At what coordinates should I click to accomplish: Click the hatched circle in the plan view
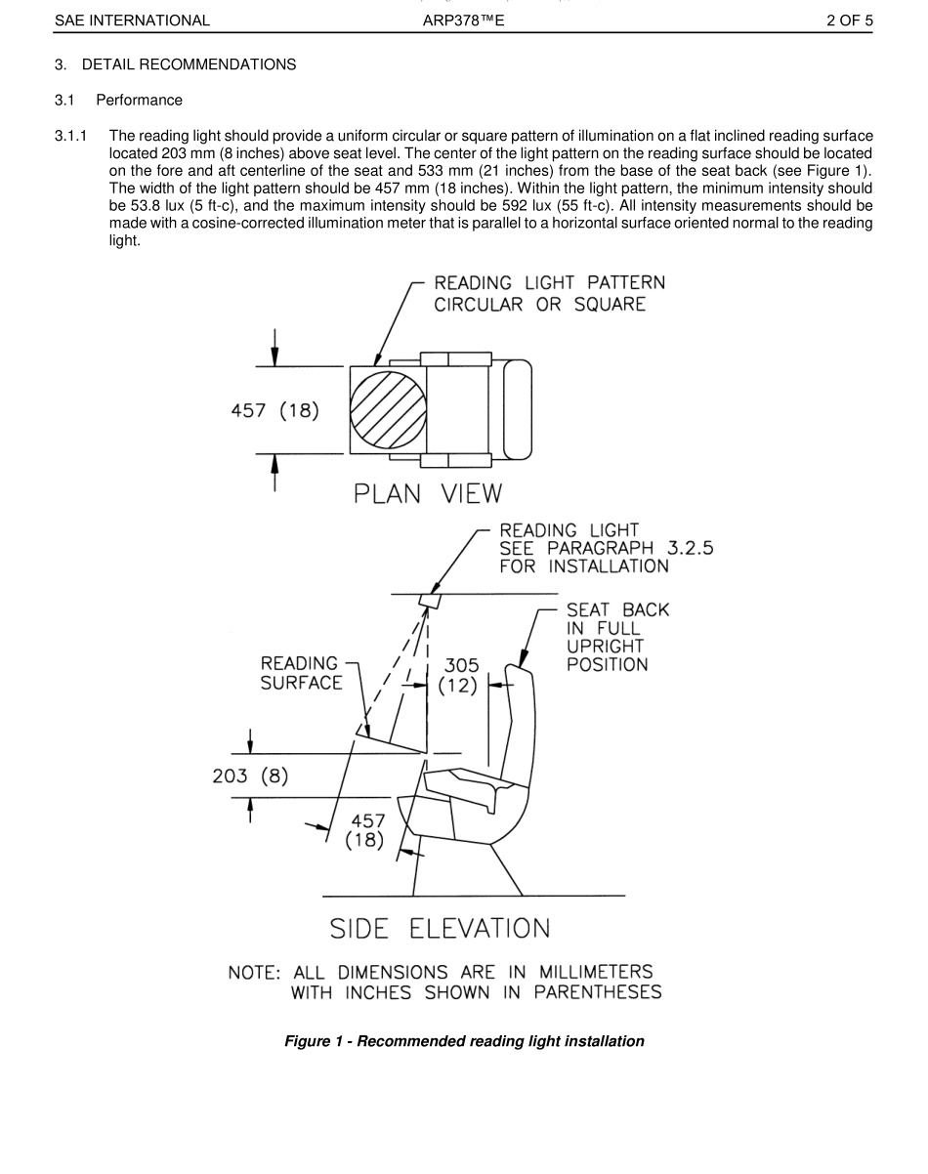[388, 410]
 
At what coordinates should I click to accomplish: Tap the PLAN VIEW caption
[428, 493]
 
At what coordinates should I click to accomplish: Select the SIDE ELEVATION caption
[440, 927]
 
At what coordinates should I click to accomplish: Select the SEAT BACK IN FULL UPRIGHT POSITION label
[617, 637]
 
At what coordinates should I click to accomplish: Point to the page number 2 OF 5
[849, 20]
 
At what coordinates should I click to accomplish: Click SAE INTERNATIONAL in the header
[133, 20]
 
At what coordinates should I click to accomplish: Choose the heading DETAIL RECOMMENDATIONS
[189, 64]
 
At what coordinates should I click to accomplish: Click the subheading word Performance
[139, 100]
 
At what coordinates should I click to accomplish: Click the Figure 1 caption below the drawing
[464, 1041]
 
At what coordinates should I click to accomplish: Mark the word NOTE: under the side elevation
[255, 973]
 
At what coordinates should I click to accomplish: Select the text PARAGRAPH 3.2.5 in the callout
[642, 548]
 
